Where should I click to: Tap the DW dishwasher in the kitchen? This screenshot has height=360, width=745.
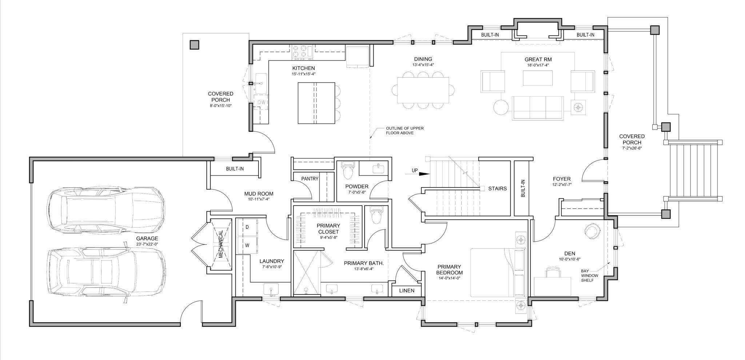[x=262, y=103]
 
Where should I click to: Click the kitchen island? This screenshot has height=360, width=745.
[x=316, y=103]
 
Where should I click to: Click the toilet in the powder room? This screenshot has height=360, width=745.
[x=348, y=170]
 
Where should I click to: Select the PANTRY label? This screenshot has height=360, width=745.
[x=310, y=179]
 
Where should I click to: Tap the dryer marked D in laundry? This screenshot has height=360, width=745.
[x=247, y=227]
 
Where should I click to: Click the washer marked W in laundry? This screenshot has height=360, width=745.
[x=247, y=245]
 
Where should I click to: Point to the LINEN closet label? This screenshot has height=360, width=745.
[x=406, y=290]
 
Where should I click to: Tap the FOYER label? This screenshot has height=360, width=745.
[x=562, y=179]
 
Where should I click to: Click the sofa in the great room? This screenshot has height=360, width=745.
[x=538, y=108]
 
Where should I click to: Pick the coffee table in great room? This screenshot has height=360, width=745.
[x=538, y=78]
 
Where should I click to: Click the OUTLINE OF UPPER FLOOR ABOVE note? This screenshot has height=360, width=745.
[x=405, y=131]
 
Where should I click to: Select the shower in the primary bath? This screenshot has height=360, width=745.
[x=306, y=272]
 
